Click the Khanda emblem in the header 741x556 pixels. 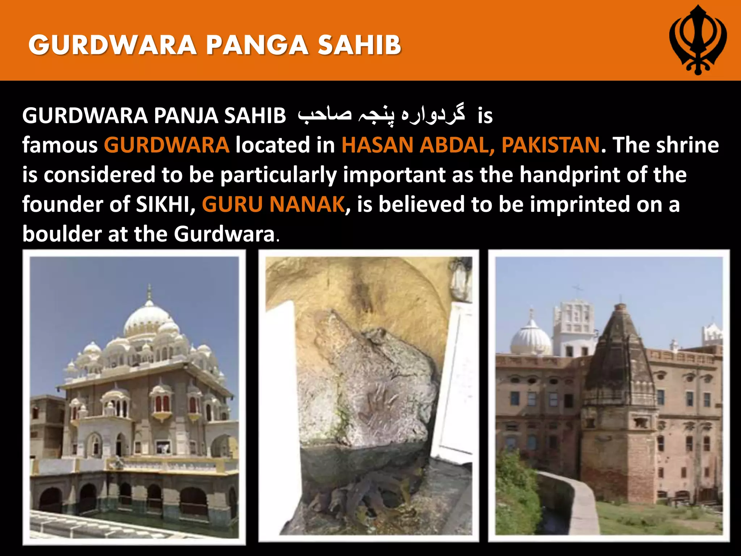point(698,40)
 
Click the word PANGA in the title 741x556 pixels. point(257,46)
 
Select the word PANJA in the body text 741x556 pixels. point(185,116)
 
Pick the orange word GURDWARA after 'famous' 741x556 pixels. point(166,145)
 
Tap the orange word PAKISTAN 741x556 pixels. point(551,145)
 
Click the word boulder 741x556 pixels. point(62,234)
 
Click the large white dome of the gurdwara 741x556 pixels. point(149,319)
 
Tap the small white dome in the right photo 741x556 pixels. point(530,339)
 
